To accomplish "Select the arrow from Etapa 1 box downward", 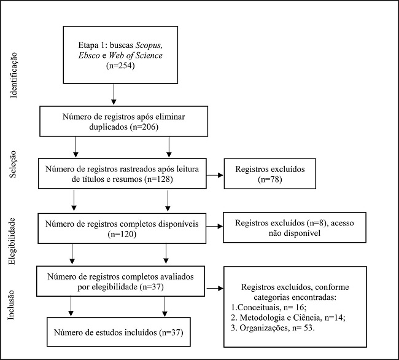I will [x=114, y=93].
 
